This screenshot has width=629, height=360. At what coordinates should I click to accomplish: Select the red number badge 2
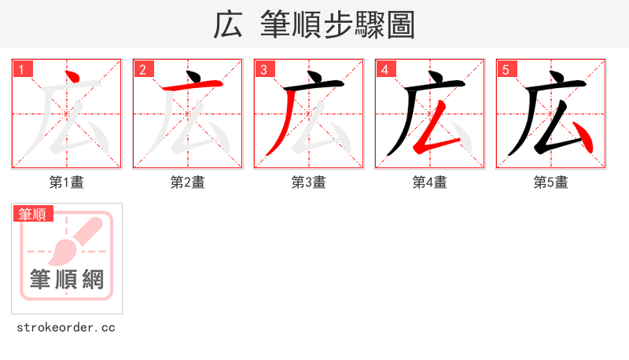143,70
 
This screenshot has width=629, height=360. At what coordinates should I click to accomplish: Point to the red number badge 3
264,70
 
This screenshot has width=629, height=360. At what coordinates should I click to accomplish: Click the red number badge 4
385,70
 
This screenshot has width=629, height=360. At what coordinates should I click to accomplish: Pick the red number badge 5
506,70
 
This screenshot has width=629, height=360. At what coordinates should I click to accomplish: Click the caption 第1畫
67,182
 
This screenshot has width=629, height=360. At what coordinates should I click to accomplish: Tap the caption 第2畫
188,182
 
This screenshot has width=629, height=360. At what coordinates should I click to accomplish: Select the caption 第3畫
309,182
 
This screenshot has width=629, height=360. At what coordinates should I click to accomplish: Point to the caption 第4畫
430,182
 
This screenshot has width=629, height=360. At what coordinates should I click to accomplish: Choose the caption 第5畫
551,182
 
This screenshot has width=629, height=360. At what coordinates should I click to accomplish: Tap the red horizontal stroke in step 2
192,86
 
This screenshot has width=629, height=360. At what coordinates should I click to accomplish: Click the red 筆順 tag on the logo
32,214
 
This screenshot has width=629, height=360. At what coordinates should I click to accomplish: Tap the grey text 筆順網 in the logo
67,278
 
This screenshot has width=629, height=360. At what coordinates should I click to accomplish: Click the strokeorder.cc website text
66,327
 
